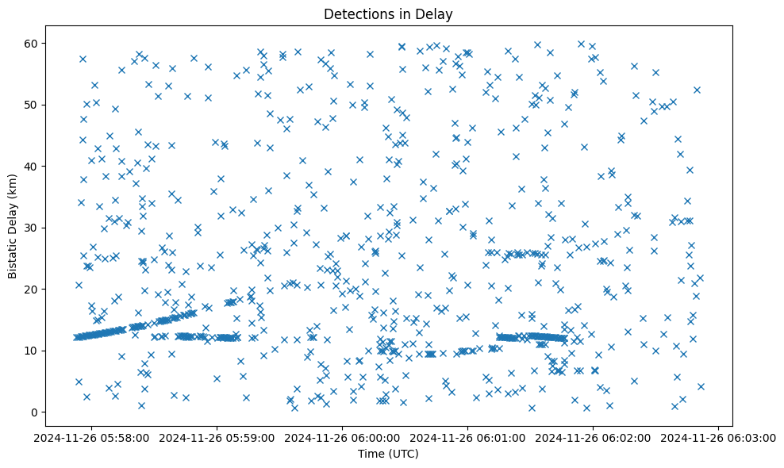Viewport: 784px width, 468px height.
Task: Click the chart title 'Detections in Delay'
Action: tap(389, 13)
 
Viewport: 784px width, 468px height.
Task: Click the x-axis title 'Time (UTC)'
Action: tap(389, 454)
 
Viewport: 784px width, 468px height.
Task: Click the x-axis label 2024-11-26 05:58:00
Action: tap(93, 437)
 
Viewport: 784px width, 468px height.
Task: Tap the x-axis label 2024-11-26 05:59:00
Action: tap(218, 437)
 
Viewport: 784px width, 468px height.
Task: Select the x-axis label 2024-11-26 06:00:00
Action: tap(343, 437)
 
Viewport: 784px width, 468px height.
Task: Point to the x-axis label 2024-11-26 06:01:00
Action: tap(468, 437)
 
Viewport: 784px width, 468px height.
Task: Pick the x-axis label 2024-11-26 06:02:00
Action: tap(594, 437)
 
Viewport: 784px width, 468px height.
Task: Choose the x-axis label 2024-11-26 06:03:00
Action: tap(719, 437)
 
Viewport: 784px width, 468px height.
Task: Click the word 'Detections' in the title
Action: tap(356, 13)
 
